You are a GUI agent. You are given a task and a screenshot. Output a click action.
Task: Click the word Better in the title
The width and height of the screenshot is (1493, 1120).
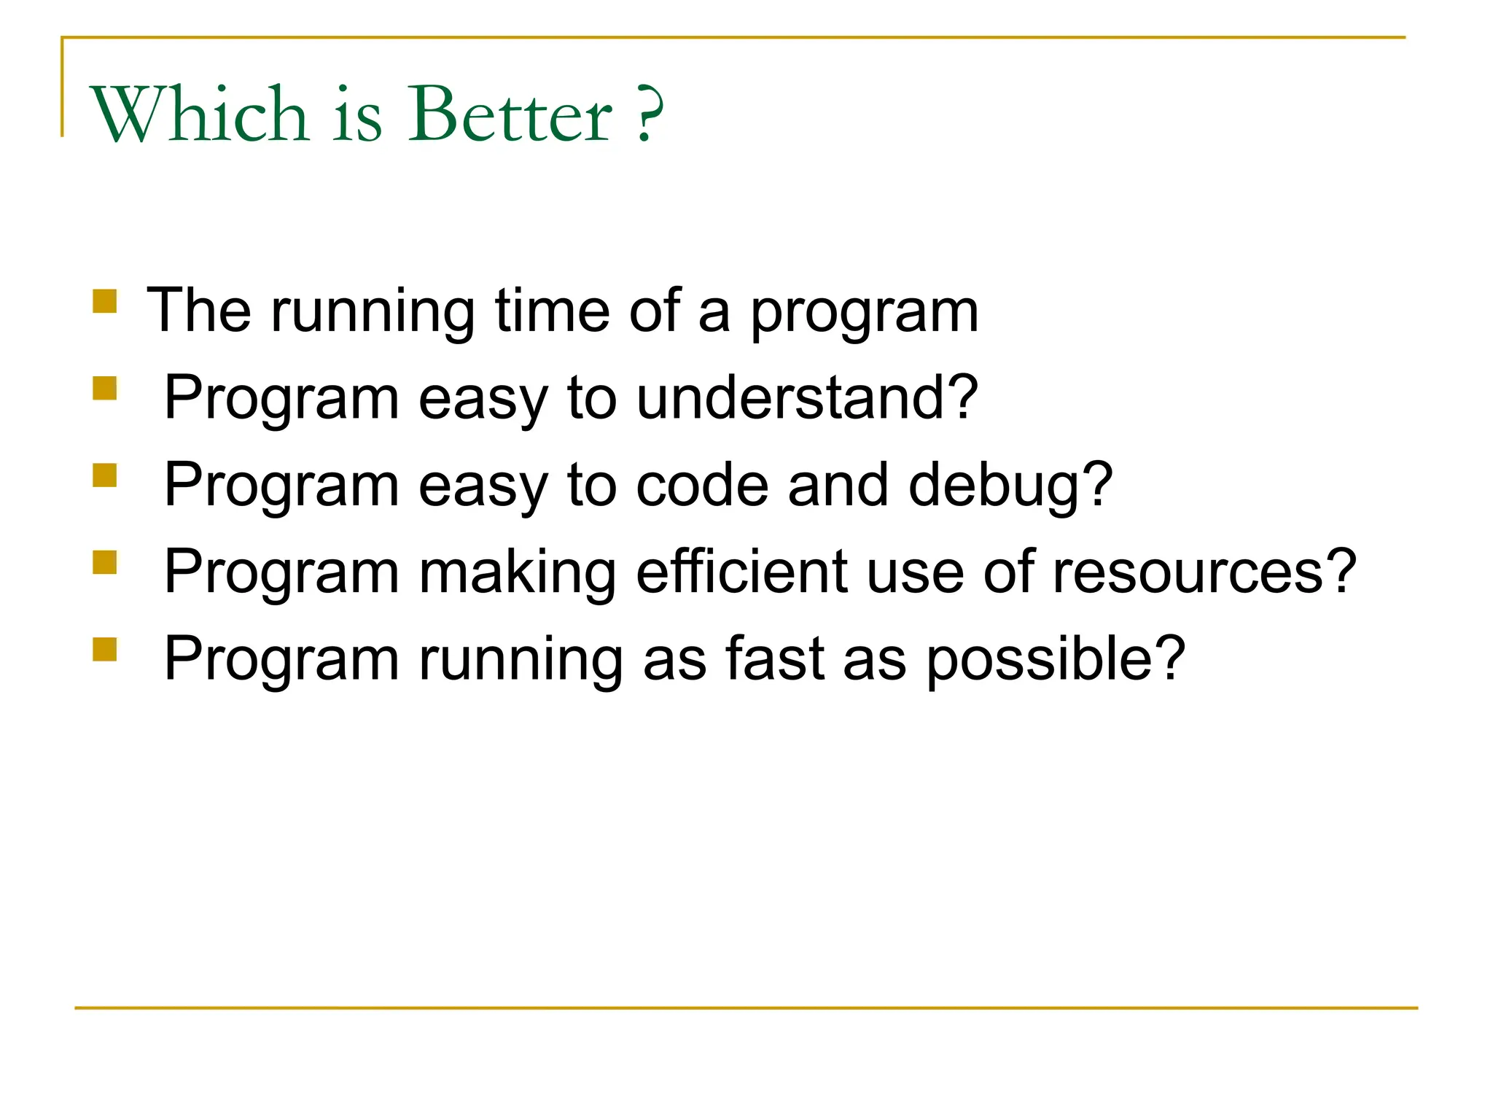(510, 114)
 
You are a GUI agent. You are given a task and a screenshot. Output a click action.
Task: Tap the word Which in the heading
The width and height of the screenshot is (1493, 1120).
(199, 114)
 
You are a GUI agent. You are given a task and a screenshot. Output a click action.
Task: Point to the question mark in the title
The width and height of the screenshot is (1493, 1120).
(648, 114)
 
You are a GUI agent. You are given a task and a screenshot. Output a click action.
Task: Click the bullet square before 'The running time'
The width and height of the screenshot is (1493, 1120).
(105, 301)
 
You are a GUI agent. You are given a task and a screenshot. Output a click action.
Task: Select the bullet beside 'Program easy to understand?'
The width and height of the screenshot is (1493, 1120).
(105, 388)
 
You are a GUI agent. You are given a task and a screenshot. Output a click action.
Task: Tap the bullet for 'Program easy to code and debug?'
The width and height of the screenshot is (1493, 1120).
(105, 475)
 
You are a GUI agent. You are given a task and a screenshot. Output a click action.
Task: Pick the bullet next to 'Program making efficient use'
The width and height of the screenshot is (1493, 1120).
(105, 562)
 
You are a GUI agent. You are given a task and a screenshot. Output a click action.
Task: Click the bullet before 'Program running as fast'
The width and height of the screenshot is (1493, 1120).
(105, 649)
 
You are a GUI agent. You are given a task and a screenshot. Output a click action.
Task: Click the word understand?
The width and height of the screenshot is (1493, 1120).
(806, 398)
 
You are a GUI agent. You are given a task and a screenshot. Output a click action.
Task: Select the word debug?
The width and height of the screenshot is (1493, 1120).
(1010, 486)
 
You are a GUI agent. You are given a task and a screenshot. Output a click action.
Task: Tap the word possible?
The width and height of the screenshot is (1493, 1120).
(1055, 659)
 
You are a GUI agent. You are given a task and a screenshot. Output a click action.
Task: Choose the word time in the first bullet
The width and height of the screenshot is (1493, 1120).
(552, 311)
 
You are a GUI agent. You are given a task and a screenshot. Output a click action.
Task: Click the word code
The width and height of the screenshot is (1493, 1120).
(702, 486)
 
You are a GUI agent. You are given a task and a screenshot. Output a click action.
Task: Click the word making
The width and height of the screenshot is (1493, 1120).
(518, 572)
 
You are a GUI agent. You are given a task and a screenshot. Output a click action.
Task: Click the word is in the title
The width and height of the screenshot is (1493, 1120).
(357, 114)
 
